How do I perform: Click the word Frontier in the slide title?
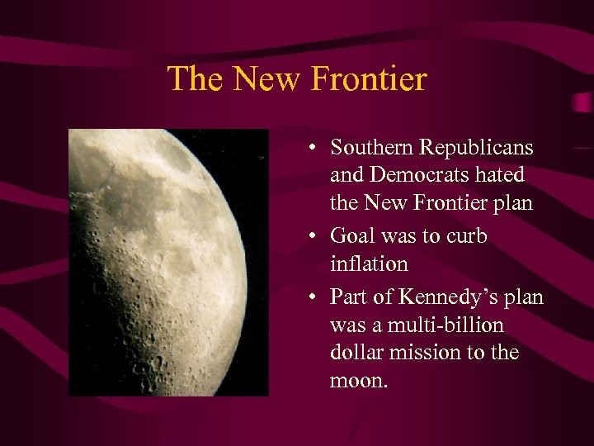click(369, 79)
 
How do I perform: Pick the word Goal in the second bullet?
click(350, 236)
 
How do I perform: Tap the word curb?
click(466, 236)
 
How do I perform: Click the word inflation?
click(369, 264)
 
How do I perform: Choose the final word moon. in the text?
click(356, 382)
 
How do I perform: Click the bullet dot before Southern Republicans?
click(316, 149)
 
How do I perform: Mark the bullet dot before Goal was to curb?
click(316, 237)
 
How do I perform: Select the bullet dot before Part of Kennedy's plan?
click(316, 297)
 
